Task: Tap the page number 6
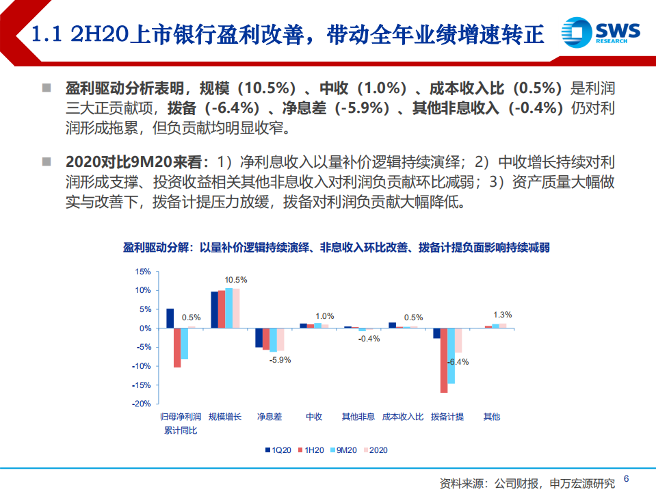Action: coord(627,480)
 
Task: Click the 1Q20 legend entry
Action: coord(278,450)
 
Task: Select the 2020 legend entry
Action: coord(375,450)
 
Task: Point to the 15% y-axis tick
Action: coord(142,272)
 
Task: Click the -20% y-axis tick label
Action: coord(141,404)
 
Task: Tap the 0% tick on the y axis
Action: coord(145,328)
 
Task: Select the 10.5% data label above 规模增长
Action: coord(235,280)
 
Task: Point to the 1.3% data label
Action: coord(502,315)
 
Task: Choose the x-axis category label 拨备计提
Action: coord(447,417)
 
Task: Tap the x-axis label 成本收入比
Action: coord(403,417)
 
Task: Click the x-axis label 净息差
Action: coord(270,417)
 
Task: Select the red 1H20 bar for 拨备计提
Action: coord(444,361)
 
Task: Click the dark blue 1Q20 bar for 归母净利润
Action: coord(170,318)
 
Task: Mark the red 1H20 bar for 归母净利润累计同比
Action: coord(177,348)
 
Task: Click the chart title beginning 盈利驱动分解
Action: coord(327,248)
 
